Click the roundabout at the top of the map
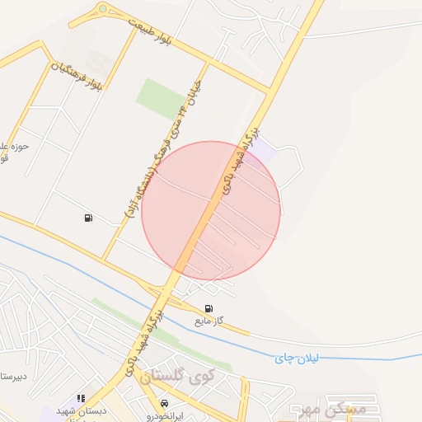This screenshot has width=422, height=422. coord(102,9)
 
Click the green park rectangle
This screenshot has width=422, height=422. coord(162,98)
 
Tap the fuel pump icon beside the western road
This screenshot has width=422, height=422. coord(87,218)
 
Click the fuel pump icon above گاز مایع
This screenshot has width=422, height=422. coord(208,309)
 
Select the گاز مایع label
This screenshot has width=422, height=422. coord(209,320)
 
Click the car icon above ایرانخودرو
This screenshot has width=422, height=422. coord(164,404)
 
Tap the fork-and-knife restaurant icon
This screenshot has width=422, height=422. coord(81,398)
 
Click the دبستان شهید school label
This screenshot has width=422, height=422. coord(81,410)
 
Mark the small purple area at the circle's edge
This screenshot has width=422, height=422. coord(261,154)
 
